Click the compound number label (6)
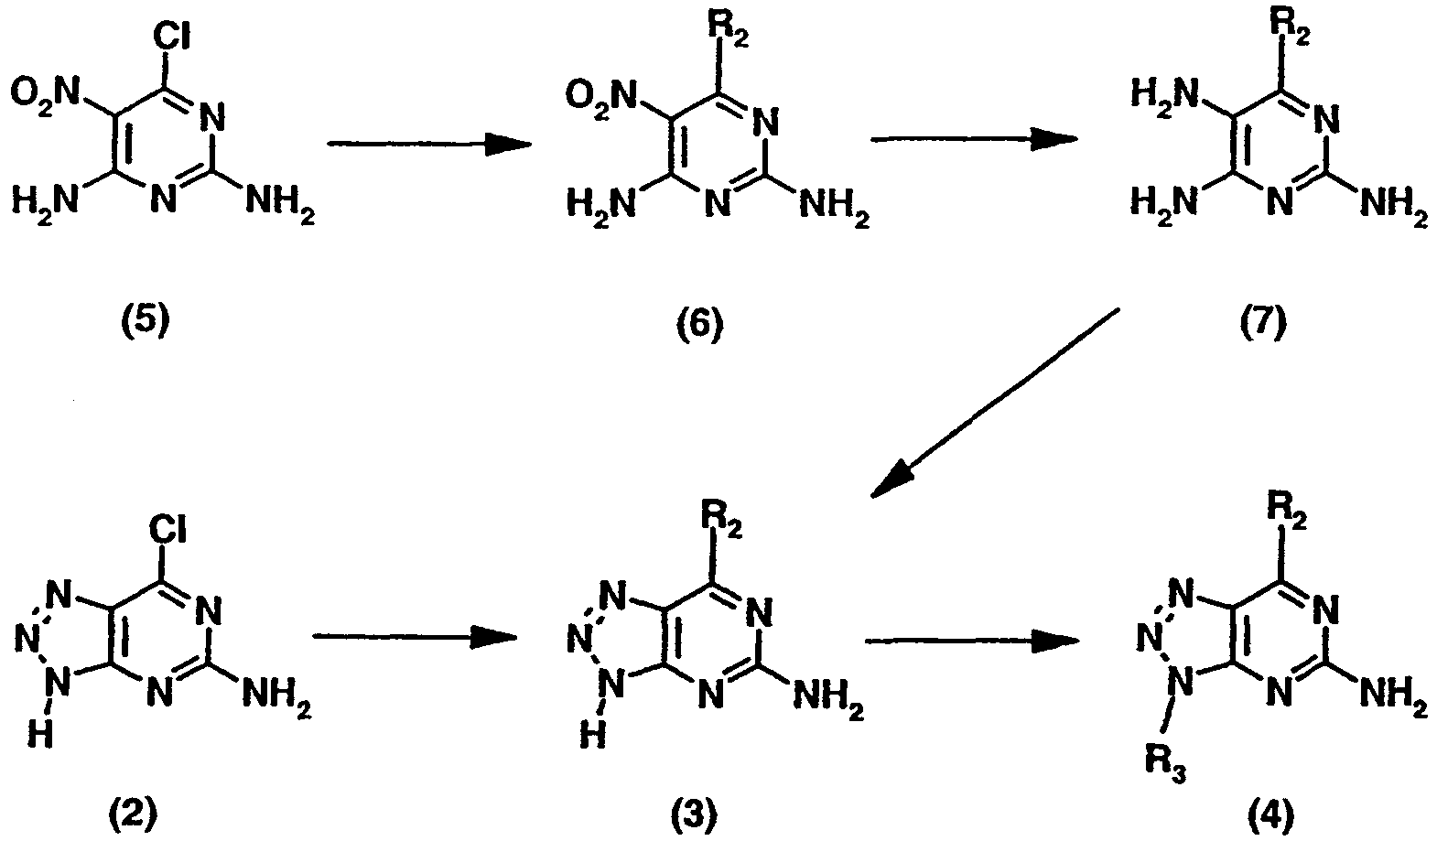tap(699, 325)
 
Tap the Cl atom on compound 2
tap(168, 529)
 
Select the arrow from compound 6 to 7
tap(975, 139)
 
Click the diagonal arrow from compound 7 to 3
tap(995, 404)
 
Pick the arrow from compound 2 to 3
tap(415, 636)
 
